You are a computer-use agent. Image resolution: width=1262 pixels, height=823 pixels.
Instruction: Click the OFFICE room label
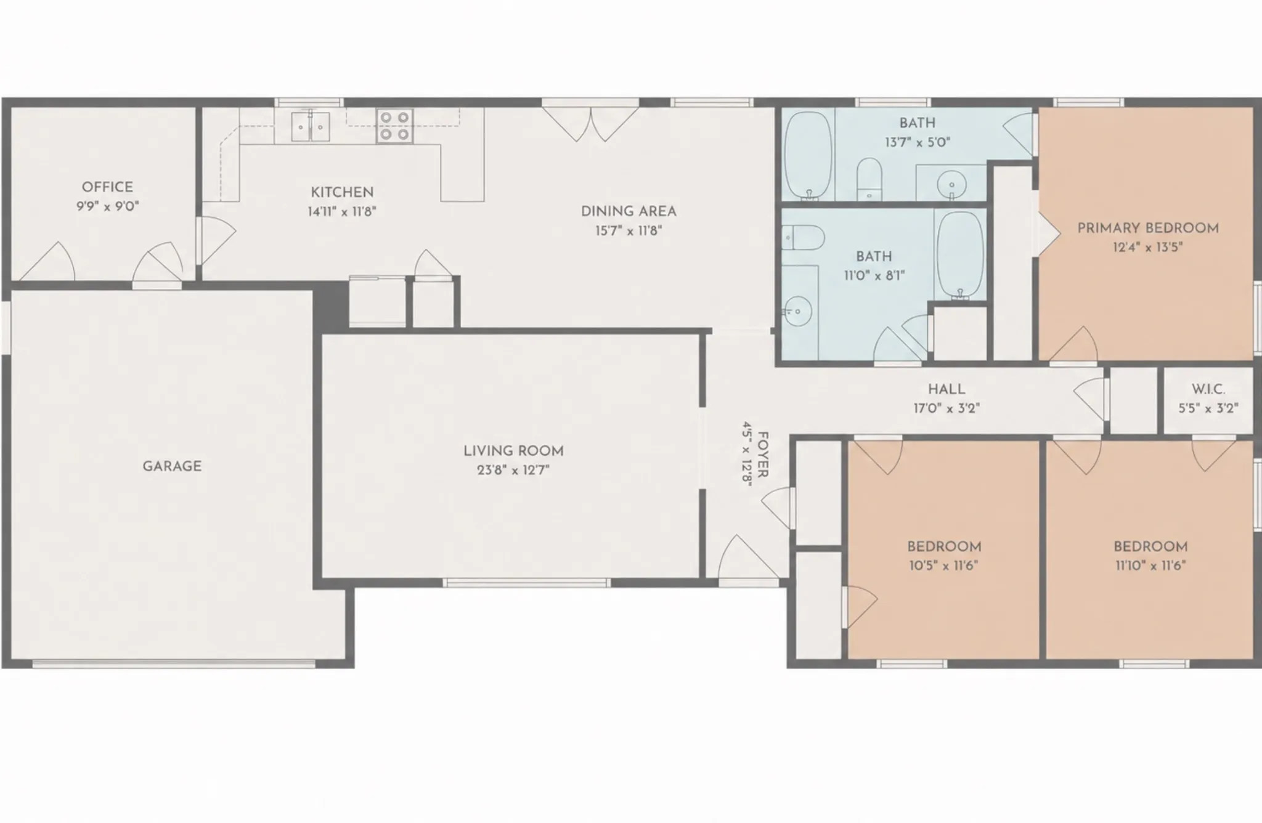[x=107, y=187]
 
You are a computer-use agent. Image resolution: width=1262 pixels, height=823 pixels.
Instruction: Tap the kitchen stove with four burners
[x=394, y=126]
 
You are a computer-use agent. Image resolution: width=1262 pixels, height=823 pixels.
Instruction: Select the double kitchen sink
[x=311, y=126]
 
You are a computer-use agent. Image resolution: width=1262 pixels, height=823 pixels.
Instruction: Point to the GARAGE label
[x=172, y=466]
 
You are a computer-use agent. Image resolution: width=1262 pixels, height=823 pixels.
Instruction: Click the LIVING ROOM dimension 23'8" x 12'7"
[x=513, y=471]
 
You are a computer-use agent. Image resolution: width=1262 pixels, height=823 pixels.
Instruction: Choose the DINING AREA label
[x=629, y=211]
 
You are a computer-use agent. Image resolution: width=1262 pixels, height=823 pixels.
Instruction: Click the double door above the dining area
[x=590, y=123]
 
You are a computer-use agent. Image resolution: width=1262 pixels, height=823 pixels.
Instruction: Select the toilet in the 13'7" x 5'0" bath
[x=869, y=178]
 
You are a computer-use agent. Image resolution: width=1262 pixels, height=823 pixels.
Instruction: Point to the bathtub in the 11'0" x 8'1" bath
[x=959, y=256]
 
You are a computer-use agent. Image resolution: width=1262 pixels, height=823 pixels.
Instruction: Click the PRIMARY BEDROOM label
[x=1148, y=228]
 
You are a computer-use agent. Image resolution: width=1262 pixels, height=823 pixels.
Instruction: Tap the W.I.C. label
[x=1208, y=389]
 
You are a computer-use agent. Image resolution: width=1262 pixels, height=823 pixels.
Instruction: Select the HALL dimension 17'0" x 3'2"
[x=946, y=408]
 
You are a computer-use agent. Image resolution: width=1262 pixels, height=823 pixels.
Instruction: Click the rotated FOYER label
[x=763, y=454]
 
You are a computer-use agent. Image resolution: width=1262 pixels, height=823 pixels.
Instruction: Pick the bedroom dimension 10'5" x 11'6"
[x=943, y=566]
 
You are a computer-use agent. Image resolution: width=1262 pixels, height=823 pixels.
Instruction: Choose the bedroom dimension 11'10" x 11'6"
[x=1150, y=566]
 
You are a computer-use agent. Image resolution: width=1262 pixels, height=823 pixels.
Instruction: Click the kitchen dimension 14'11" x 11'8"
[x=342, y=212]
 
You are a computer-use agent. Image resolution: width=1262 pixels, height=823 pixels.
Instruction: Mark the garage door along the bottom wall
[x=174, y=664]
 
